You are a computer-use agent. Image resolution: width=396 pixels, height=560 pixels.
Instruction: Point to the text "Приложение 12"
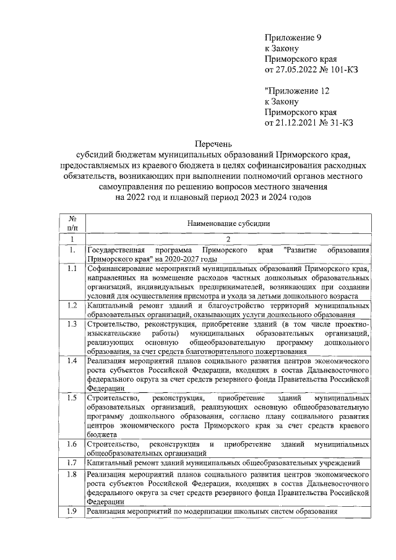click(295, 90)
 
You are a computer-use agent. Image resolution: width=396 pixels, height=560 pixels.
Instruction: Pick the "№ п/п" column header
click(72, 223)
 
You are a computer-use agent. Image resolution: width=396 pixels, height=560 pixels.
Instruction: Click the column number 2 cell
click(228, 239)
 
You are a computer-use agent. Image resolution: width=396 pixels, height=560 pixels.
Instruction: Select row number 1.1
click(72, 269)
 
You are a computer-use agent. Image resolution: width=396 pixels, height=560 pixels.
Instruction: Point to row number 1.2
click(72, 306)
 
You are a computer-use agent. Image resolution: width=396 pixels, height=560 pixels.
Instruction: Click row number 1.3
click(72, 324)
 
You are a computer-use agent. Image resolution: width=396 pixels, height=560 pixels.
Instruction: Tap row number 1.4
click(72, 360)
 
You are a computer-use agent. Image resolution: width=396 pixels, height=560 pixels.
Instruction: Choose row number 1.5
click(72, 397)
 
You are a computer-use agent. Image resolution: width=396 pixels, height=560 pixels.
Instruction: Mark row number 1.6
click(72, 444)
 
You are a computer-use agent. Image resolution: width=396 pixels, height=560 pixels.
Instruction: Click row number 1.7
click(72, 462)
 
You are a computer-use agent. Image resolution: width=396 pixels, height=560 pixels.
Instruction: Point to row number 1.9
click(72, 511)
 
